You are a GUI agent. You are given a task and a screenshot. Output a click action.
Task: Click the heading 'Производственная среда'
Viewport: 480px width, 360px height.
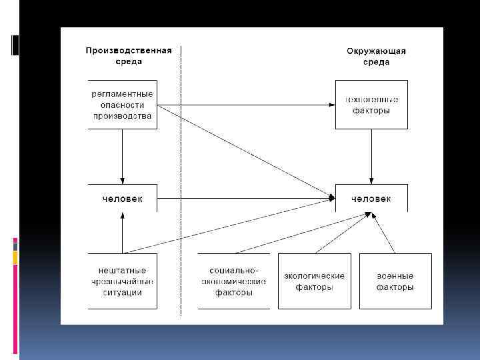pyautogui.click(x=129, y=56)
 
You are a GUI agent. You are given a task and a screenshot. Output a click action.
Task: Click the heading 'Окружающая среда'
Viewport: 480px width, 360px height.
pyautogui.click(x=377, y=56)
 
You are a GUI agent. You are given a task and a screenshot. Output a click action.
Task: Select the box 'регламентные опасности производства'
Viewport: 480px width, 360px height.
pyautogui.click(x=123, y=105)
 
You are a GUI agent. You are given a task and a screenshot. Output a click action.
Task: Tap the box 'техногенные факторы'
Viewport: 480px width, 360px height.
pyautogui.click(x=371, y=105)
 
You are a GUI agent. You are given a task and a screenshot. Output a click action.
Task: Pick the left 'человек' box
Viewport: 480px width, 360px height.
pyautogui.click(x=123, y=199)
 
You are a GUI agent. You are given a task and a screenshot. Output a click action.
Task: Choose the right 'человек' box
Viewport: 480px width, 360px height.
pyautogui.click(x=371, y=199)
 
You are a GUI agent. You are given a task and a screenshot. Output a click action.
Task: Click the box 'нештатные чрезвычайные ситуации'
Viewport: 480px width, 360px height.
pyautogui.click(x=123, y=281)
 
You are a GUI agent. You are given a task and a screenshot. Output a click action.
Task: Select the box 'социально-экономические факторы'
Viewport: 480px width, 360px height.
pyautogui.click(x=233, y=281)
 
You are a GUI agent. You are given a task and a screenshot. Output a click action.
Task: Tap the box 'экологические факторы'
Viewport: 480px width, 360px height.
pyautogui.click(x=314, y=281)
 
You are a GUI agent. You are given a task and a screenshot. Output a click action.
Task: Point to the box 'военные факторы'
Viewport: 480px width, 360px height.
pyautogui.click(x=395, y=281)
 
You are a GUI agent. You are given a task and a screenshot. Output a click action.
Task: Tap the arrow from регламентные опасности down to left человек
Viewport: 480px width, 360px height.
pyautogui.click(x=123, y=157)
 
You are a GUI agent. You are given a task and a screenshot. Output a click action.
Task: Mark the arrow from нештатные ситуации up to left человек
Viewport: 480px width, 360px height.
pyautogui.click(x=123, y=233)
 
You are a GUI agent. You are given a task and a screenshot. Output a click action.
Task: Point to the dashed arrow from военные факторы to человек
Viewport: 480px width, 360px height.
pyautogui.click(x=384, y=233)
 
